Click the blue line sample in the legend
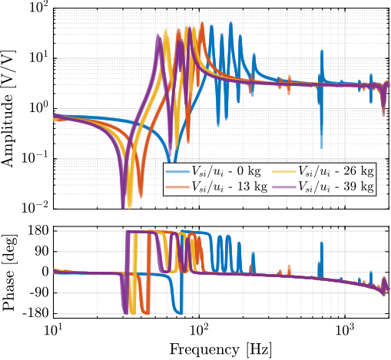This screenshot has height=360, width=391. [x=177, y=171]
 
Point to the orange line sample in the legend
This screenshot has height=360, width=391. [x=177, y=186]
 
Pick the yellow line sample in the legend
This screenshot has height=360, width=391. [x=284, y=171]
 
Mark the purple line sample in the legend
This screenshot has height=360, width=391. [x=284, y=186]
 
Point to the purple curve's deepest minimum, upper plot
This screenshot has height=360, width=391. [x=123, y=206]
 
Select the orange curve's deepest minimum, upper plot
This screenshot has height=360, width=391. [x=140, y=201]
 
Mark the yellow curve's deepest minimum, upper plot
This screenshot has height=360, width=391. [x=129, y=206]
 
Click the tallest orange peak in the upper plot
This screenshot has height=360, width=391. [x=202, y=24]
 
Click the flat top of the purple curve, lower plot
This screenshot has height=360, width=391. [x=138, y=232]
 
